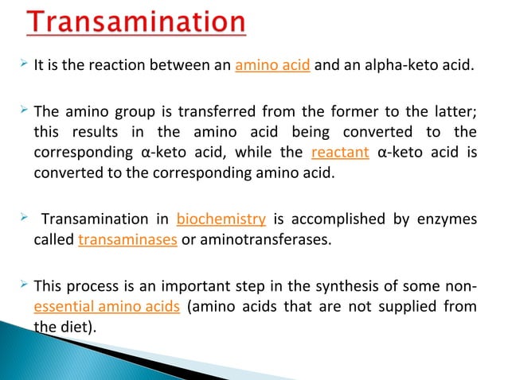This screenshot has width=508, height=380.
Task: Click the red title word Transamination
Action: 136,24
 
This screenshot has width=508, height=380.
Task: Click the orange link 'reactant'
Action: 340,153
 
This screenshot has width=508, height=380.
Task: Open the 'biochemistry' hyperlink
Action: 221,219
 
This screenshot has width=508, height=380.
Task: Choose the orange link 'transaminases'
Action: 127,240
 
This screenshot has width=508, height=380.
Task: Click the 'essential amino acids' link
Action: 107,307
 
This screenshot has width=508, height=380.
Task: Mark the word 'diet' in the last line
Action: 73,328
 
